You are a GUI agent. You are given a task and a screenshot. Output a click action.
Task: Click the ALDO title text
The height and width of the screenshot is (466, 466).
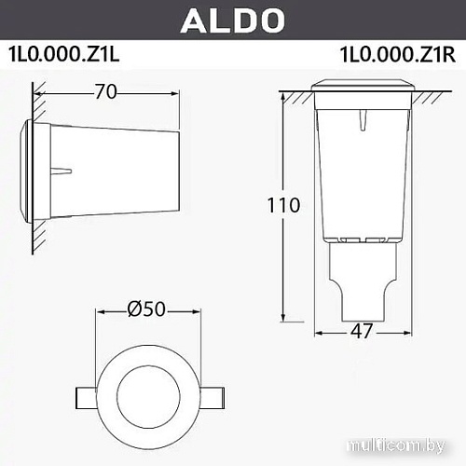(233, 20)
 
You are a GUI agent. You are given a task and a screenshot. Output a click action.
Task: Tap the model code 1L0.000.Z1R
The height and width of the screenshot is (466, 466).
(398, 54)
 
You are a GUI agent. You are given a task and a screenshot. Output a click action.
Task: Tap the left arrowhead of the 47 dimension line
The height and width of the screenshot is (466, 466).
(320, 331)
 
